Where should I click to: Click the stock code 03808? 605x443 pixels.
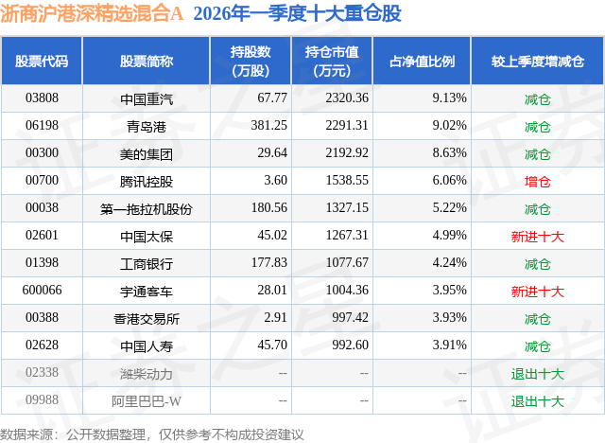click(x=42, y=97)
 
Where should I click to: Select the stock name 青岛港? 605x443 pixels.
click(x=147, y=125)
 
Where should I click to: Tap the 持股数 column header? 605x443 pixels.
click(x=251, y=61)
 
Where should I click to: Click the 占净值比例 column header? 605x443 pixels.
click(x=422, y=61)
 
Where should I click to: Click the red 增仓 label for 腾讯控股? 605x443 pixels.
click(x=537, y=180)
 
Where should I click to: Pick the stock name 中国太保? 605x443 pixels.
click(x=147, y=236)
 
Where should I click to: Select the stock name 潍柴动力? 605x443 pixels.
click(x=147, y=374)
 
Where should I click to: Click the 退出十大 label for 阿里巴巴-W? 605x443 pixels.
click(x=537, y=401)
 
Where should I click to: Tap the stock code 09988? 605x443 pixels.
click(x=42, y=401)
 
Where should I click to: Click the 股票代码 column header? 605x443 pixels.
click(x=42, y=61)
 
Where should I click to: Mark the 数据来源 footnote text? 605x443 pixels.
click(x=152, y=432)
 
